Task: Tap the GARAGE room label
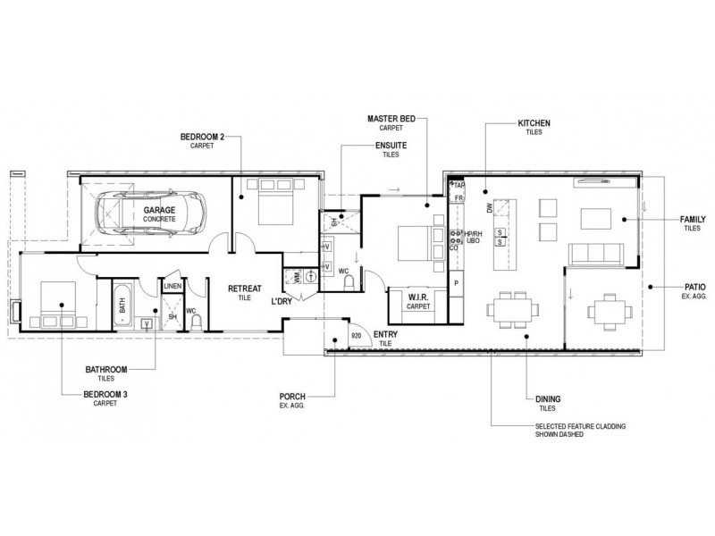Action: pos(159,210)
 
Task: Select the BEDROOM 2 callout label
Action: pos(202,137)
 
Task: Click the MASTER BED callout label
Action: pos(391,119)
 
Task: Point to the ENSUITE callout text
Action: pos(391,146)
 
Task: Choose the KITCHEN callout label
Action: pos(534,123)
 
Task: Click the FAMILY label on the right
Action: pos(693,220)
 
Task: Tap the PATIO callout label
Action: pos(695,287)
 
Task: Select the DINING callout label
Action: pos(548,399)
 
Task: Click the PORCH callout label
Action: pos(292,397)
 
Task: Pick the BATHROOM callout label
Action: pos(106,370)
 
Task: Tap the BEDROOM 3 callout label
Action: pos(105,394)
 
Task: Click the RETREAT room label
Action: pos(245,289)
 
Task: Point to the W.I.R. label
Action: pos(418,297)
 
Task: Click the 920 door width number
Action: pos(356,336)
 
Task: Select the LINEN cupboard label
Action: pos(172,286)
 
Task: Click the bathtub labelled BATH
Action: pos(122,305)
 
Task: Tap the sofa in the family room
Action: pos(596,254)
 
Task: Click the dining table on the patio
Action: pos(610,312)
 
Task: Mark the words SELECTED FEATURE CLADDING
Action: pos(580,427)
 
